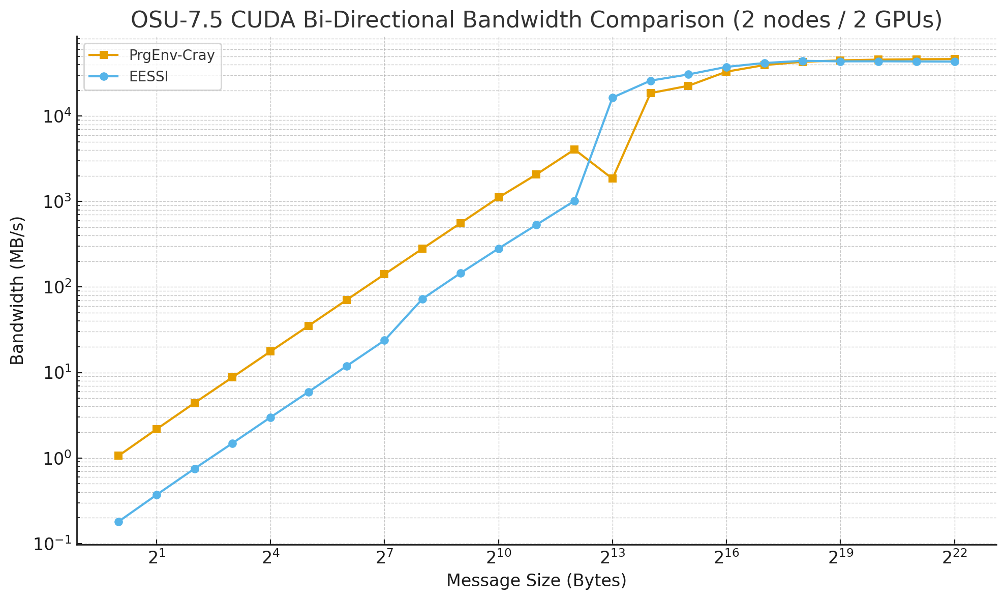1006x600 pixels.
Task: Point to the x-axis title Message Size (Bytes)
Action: [x=536, y=580]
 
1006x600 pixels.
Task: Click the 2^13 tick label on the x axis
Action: [x=612, y=558]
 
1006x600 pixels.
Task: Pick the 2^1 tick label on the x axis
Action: [x=157, y=558]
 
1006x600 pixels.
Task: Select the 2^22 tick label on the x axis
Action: [x=954, y=558]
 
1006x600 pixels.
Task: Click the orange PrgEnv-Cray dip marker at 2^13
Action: [x=613, y=178]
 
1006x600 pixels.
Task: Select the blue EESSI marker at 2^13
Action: [x=613, y=98]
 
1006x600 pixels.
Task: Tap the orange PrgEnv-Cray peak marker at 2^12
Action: [x=574, y=149]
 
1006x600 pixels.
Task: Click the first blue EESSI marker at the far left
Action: [x=118, y=522]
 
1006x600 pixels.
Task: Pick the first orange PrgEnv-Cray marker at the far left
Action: [x=118, y=456]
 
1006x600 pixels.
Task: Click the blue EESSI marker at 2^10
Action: [x=499, y=249]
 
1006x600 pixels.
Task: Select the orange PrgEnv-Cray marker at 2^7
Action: [x=384, y=275]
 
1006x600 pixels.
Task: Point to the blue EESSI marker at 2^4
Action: [x=270, y=417]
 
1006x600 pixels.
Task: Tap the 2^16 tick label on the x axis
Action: [x=726, y=558]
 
